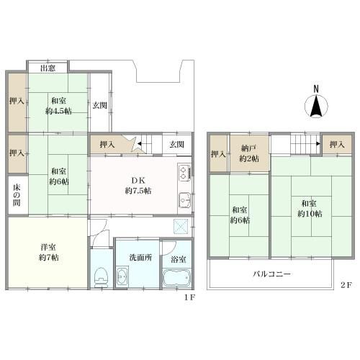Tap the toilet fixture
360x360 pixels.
click(x=102, y=277)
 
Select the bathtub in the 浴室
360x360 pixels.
click(x=177, y=278)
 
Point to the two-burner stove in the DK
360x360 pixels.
click(x=185, y=172)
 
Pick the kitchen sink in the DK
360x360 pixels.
click(x=185, y=200)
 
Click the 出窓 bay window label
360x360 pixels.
click(x=48, y=68)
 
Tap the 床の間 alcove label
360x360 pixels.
click(x=17, y=195)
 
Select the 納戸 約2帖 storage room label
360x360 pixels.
click(x=249, y=153)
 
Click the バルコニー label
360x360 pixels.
click(x=272, y=274)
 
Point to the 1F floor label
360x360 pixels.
click(x=190, y=297)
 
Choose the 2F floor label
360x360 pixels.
click(x=346, y=285)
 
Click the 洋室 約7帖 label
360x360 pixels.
click(x=49, y=252)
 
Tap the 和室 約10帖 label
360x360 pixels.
click(x=310, y=209)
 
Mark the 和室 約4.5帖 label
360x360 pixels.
click(x=58, y=106)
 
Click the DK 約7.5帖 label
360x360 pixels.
click(x=138, y=186)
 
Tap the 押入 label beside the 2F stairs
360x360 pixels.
click(x=337, y=145)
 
